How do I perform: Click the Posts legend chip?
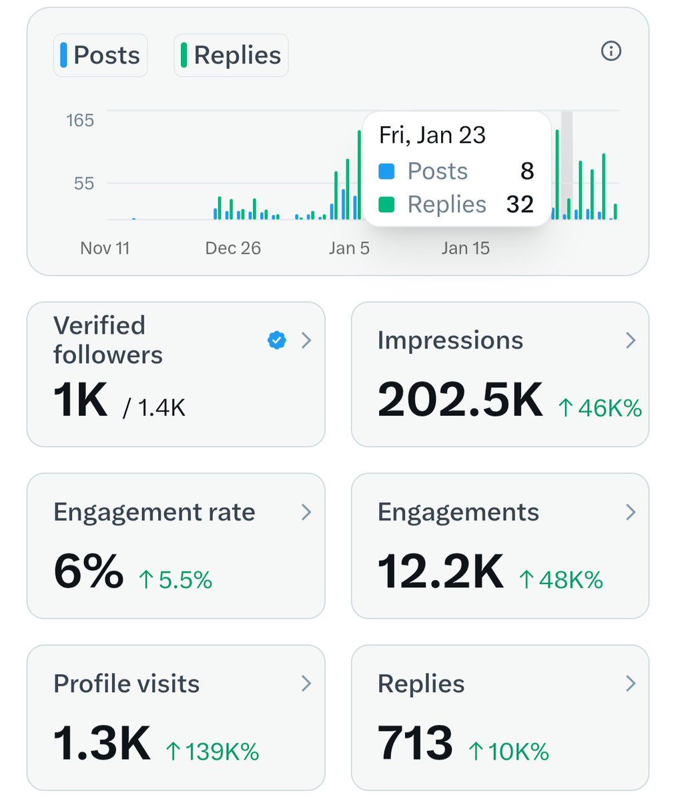tap(100, 55)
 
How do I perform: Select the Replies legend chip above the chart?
tap(231, 55)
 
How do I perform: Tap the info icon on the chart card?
tap(611, 51)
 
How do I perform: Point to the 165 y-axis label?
tap(80, 120)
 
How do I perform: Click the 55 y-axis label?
tap(84, 184)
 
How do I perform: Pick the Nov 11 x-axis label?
tap(105, 248)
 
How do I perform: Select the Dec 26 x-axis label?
tap(233, 248)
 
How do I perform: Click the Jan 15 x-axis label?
tap(465, 248)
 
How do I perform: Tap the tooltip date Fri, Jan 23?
tap(432, 136)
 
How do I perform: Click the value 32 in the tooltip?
tap(520, 204)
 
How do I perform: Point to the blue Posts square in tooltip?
tap(386, 172)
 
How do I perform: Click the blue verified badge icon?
tap(276, 340)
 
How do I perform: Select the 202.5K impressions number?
tap(460, 400)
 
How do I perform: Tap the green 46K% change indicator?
tap(600, 408)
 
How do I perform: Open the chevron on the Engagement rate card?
tap(306, 512)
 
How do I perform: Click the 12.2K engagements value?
tap(440, 572)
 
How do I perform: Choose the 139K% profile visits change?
tap(212, 752)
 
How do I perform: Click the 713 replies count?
tap(415, 744)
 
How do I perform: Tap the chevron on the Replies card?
tap(630, 684)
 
